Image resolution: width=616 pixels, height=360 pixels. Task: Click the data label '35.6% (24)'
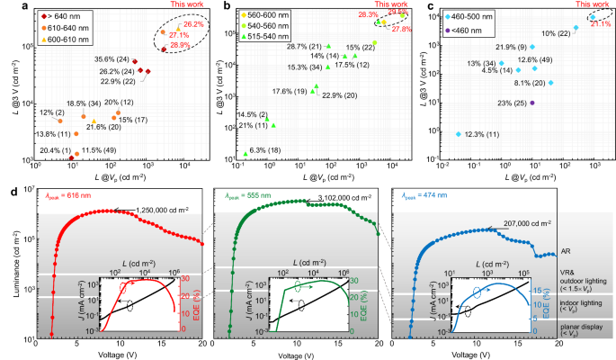pyautogui.click(x=111, y=60)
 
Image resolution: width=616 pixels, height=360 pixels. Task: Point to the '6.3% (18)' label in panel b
pyautogui.click(x=267, y=149)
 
